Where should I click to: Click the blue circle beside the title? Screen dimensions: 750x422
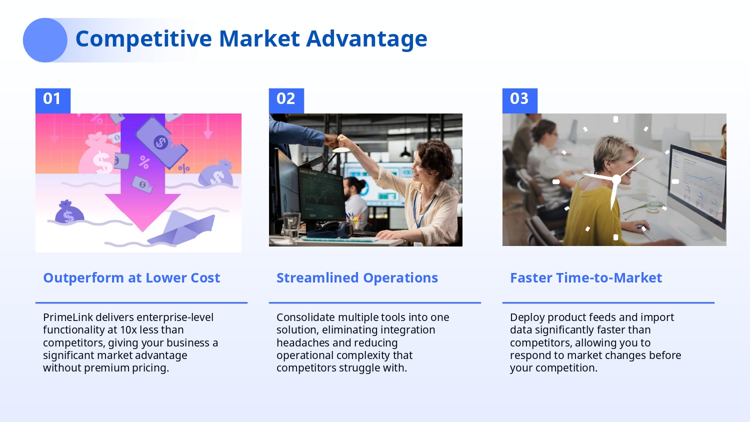tap(45, 40)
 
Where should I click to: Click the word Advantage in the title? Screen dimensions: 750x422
tap(366, 39)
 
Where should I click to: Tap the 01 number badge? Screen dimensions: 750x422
tap(53, 100)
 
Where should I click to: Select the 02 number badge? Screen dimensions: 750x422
tap(286, 100)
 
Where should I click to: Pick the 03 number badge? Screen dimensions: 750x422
tap(519, 100)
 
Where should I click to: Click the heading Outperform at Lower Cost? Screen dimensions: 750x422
tap(131, 278)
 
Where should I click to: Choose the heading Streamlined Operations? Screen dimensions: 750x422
tap(357, 278)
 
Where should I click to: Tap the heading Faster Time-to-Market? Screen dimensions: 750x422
tap(586, 278)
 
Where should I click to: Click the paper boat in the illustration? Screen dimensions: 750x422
tap(182, 227)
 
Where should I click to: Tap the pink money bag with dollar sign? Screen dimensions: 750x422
tap(99, 154)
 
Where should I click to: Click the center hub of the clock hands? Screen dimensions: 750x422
tap(616, 180)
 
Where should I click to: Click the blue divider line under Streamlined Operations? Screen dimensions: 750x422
tap(375, 303)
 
